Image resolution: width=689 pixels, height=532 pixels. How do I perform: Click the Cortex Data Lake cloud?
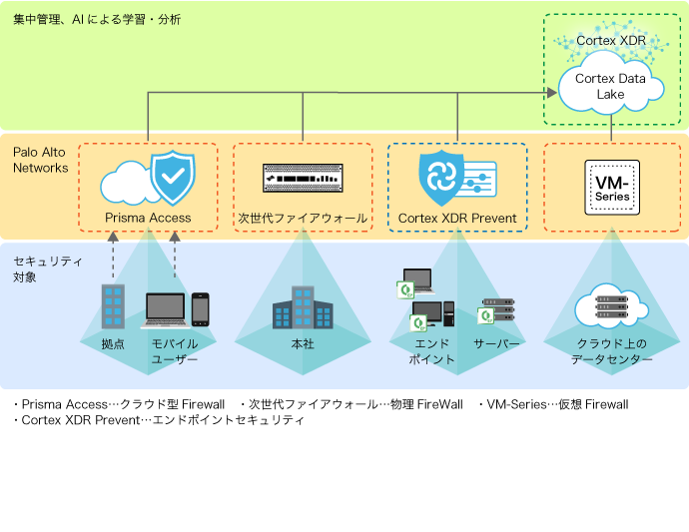pos(611,87)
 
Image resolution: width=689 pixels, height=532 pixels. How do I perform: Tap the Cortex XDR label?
pos(611,41)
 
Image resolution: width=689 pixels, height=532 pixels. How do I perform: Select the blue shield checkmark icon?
pos(172,178)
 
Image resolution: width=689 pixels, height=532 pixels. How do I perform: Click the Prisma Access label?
pos(148,218)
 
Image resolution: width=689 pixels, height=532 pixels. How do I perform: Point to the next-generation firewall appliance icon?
pos(302,178)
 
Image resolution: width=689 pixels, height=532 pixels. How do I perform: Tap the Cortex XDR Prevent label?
pos(457,218)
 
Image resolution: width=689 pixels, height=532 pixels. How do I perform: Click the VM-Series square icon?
pos(611,185)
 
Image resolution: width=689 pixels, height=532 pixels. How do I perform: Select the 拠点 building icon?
pos(113,306)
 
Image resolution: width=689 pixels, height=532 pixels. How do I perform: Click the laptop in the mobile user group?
pos(165,310)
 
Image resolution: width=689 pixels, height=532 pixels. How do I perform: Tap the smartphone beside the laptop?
pos(201,309)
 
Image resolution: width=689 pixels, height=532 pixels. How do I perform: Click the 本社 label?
pos(303,344)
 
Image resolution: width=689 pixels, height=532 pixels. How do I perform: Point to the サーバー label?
pos(497,344)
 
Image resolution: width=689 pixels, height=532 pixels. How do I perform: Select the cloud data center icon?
pos(611,306)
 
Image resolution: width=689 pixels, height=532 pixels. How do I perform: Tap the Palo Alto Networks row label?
pos(40,160)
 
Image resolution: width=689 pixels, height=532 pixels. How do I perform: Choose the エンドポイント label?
pos(434,351)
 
